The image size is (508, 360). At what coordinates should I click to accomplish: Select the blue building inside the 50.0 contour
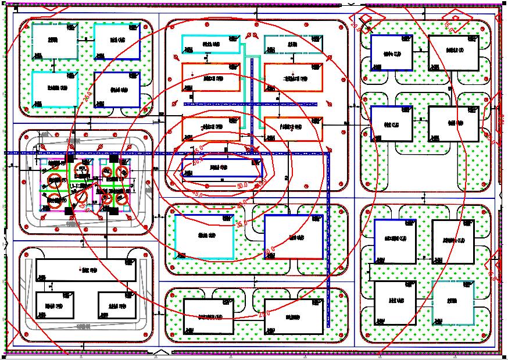pyautogui.click(x=221, y=167)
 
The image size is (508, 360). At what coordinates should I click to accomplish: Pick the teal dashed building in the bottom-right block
pyautogui.click(x=453, y=302)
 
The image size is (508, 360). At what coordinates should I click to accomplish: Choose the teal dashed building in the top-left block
pyautogui.click(x=55, y=41)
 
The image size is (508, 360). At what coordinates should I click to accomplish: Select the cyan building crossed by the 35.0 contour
pyautogui.click(x=205, y=237)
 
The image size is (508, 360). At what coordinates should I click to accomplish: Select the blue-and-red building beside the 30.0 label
pyautogui.click(x=293, y=237)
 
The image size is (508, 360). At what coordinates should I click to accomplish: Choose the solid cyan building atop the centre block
pyautogui.click(x=211, y=44)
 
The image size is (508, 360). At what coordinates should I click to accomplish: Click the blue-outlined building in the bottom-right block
pyautogui.click(x=395, y=241)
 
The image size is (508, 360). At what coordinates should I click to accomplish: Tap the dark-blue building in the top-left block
pyautogui.click(x=117, y=90)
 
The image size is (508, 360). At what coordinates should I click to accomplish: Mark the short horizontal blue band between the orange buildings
pyautogui.click(x=251, y=104)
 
